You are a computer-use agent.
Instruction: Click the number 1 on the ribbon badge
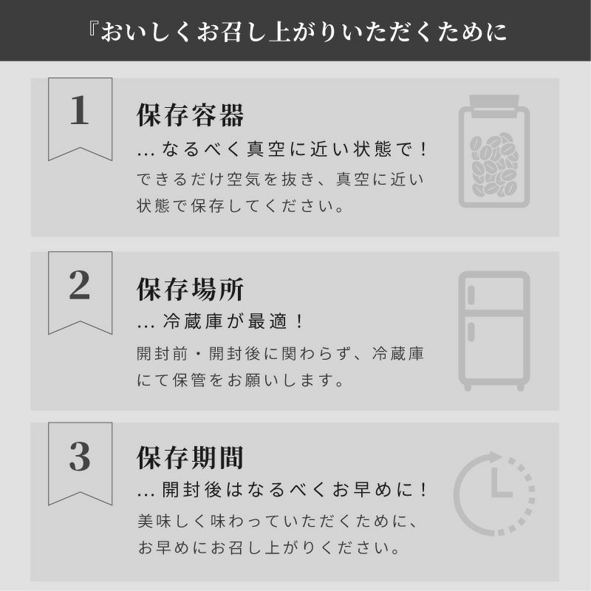80,112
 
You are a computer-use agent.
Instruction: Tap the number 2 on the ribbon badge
80,286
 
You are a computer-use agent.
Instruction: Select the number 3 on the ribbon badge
80,457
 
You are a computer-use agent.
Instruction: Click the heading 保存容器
191,115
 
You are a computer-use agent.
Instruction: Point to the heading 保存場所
191,290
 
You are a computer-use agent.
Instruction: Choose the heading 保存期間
191,459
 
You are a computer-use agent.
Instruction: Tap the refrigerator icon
493,330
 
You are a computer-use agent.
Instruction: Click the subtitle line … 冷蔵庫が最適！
222,323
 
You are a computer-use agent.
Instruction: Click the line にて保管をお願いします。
241,381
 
